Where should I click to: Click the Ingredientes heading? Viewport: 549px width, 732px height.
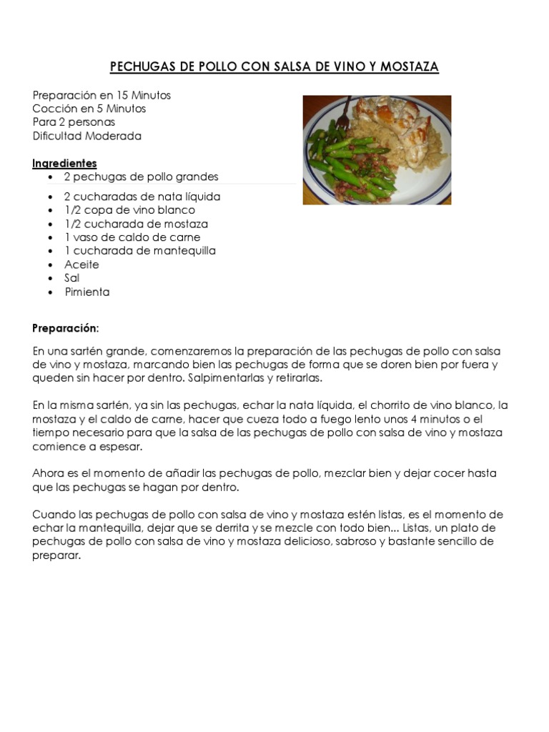(64, 164)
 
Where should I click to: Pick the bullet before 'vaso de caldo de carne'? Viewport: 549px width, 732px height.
(49, 238)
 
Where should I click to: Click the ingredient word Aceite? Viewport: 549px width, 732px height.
(81, 264)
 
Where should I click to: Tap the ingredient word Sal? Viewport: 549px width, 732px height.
(71, 278)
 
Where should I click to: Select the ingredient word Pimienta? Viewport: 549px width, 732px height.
(86, 292)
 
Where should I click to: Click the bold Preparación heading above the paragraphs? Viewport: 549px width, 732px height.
(64, 328)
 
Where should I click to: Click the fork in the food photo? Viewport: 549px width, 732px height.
(346, 108)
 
